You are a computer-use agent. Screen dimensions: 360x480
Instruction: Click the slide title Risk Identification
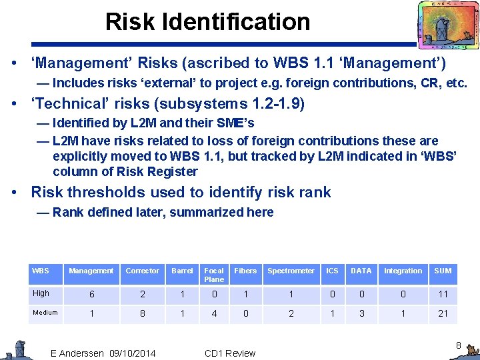207,22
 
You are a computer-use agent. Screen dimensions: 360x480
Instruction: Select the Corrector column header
143,271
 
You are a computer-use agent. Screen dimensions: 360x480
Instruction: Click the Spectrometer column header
291,271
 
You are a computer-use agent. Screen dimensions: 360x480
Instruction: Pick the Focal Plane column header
214,275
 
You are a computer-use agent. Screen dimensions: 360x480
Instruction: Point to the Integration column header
403,271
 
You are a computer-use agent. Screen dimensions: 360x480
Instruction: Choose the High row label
41,293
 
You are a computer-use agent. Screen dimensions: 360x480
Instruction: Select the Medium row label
45,313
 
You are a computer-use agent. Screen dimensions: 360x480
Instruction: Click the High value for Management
91,294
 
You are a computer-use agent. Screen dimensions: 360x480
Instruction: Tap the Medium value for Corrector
143,313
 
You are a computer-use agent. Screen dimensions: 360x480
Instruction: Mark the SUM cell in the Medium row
443,313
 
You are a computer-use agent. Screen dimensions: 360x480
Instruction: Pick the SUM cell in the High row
443,294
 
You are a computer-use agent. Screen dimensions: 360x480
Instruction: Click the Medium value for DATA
361,313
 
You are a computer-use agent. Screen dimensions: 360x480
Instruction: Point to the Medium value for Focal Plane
214,313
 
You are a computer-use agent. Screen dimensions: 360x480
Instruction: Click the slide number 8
458,345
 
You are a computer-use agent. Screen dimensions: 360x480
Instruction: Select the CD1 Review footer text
230,353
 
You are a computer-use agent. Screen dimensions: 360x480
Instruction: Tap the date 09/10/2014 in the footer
132,353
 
